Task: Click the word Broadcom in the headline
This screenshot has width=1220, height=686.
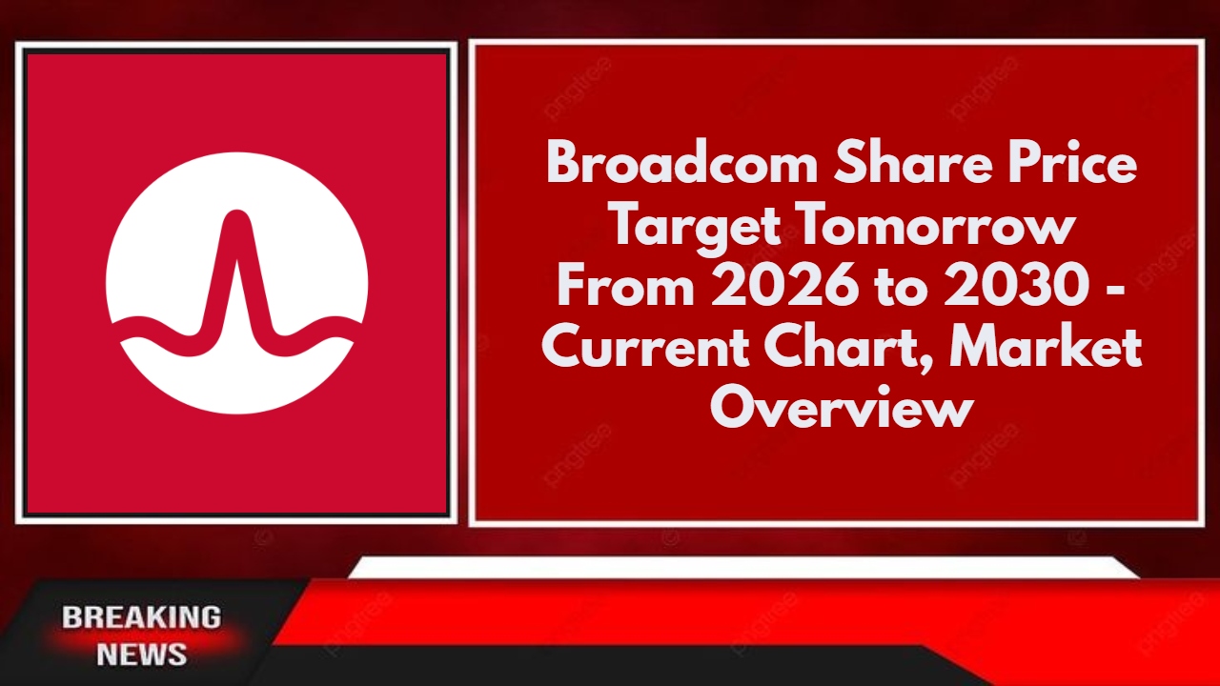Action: [681, 163]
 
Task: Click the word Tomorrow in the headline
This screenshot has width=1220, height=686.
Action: [937, 224]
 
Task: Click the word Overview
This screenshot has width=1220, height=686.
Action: [842, 406]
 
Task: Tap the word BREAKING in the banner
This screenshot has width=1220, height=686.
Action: [142, 617]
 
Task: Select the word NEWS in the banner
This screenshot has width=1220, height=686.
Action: [142, 654]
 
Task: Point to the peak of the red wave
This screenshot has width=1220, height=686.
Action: [236, 213]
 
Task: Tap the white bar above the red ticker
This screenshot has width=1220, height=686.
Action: [744, 567]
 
